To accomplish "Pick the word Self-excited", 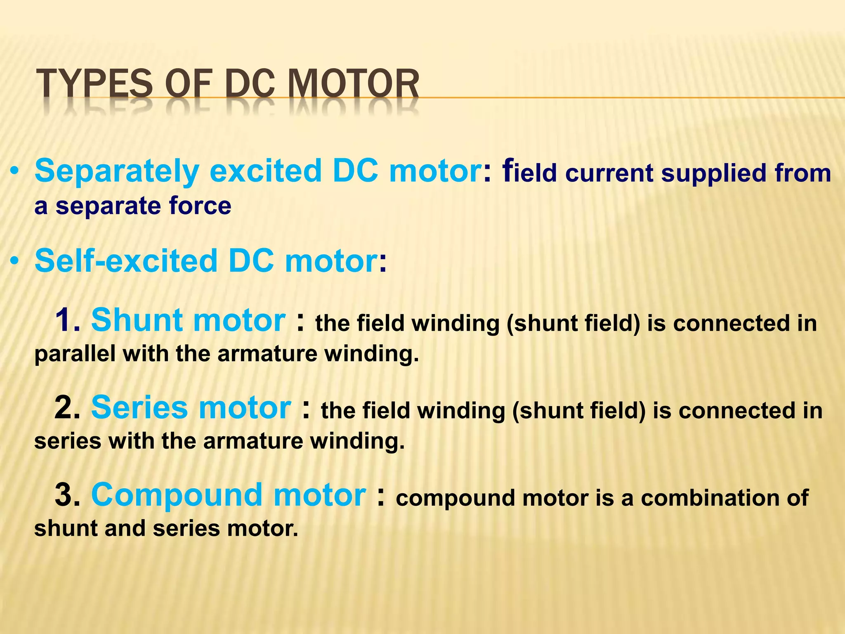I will point(126,261).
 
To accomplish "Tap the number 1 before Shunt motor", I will point(66,320).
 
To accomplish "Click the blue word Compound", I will point(177,495).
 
